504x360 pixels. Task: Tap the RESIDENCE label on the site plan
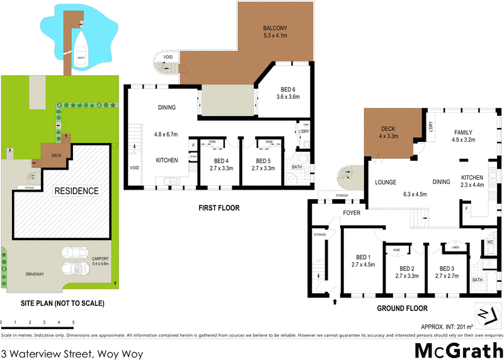[x=76, y=190]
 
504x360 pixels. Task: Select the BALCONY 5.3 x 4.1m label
[x=275, y=32]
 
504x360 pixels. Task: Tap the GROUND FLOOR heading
[x=402, y=308]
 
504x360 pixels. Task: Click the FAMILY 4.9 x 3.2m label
[x=463, y=136]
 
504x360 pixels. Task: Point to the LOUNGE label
[x=385, y=182]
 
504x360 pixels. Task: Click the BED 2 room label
[x=407, y=272]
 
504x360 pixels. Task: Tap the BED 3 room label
[x=447, y=272]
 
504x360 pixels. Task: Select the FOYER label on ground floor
[x=352, y=213]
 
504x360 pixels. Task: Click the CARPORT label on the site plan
[x=100, y=260]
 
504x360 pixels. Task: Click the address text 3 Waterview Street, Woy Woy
[x=72, y=354]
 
